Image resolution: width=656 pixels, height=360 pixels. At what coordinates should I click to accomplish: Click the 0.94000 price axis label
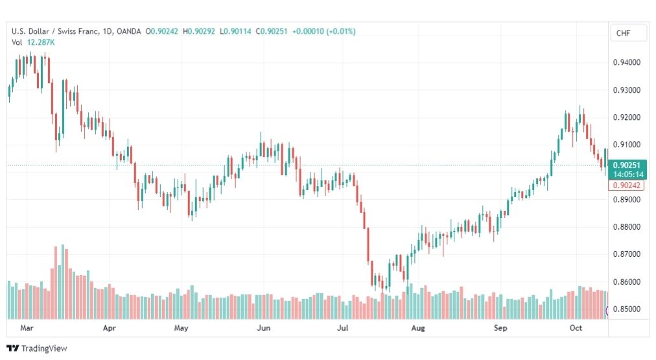[x=626, y=62]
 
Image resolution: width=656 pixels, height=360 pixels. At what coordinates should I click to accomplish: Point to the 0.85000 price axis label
[x=626, y=309]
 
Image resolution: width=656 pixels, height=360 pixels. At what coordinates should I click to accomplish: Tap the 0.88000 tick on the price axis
[x=626, y=227]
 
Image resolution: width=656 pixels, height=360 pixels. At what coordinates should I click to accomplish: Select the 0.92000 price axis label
[x=626, y=117]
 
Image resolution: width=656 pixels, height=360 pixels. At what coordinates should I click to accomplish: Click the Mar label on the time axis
[x=27, y=328]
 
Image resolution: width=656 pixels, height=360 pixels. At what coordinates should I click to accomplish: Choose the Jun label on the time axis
[x=264, y=328]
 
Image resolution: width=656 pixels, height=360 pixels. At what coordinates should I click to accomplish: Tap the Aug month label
[x=418, y=328]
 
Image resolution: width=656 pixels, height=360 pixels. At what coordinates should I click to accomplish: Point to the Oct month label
[x=576, y=328]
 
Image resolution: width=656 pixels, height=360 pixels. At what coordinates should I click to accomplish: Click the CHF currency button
[x=623, y=33]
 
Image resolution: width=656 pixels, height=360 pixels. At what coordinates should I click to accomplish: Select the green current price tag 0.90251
[x=627, y=165]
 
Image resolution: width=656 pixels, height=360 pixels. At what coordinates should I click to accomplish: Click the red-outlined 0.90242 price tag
[x=626, y=185]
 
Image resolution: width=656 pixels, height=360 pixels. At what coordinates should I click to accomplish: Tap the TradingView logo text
[x=44, y=348]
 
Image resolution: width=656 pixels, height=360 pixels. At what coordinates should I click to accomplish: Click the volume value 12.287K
[x=41, y=42]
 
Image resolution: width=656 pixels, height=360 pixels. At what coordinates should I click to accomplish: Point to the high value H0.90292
[x=199, y=31]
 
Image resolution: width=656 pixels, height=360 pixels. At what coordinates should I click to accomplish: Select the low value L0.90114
[x=235, y=31]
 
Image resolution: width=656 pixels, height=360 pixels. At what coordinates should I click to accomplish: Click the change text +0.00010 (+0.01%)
[x=324, y=31]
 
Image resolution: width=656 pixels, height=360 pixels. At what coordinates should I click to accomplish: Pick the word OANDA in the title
[x=129, y=31]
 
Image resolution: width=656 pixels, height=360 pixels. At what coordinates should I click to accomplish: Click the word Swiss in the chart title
[x=67, y=31]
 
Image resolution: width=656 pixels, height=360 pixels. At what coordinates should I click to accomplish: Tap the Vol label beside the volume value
[x=17, y=42]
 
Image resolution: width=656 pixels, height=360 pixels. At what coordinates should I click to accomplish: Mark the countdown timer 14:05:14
[x=628, y=174]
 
